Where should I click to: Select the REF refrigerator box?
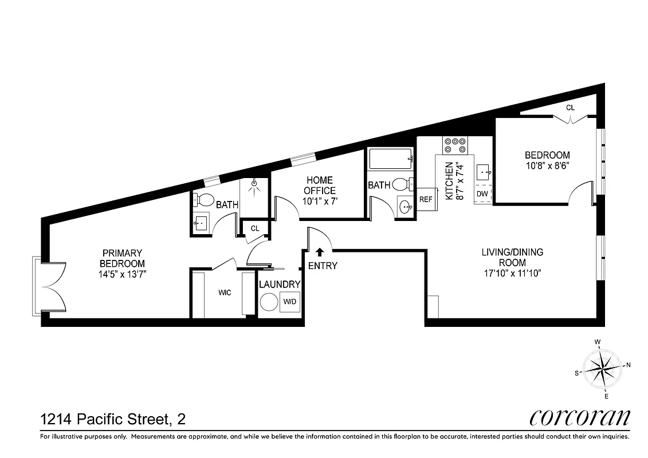426,200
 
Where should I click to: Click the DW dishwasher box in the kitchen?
482,195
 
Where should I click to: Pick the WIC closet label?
225,293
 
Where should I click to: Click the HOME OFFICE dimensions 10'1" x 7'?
320,201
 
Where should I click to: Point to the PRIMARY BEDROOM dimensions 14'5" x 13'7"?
122,273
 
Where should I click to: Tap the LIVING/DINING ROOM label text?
512,257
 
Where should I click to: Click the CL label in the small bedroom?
570,108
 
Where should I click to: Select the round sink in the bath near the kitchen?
405,207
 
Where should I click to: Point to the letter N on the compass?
628,365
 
